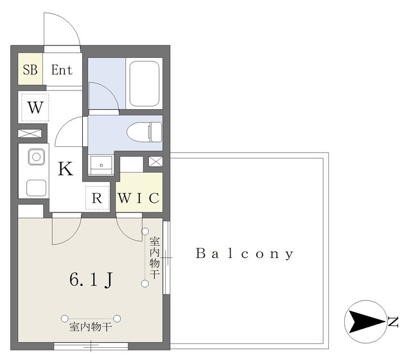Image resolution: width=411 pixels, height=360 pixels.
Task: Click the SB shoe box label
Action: click(x=30, y=70)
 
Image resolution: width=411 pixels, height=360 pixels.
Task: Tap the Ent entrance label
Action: click(x=62, y=70)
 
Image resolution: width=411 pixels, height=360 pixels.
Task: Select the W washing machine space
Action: click(x=35, y=107)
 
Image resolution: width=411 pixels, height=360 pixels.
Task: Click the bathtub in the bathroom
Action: click(x=144, y=83)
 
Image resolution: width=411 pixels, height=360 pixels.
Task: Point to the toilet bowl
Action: click(x=144, y=132)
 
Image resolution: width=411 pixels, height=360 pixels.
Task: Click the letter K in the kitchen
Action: click(x=66, y=169)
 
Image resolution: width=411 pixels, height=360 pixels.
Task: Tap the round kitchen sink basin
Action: click(x=37, y=157)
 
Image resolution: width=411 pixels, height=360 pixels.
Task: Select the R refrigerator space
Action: click(x=97, y=198)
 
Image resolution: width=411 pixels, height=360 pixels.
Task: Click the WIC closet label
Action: click(x=139, y=198)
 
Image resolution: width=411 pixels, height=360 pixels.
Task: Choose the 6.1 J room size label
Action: click(x=91, y=279)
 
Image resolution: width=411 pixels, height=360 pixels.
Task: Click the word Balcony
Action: click(x=245, y=253)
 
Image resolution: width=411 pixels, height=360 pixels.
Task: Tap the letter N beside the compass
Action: click(x=394, y=321)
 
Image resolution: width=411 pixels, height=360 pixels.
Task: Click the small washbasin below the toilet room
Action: click(x=101, y=164)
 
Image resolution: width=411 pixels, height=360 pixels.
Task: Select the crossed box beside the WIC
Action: click(x=155, y=162)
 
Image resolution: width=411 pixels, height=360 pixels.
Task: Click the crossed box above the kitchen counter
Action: click(x=30, y=133)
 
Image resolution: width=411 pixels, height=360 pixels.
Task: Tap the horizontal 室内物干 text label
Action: click(x=91, y=327)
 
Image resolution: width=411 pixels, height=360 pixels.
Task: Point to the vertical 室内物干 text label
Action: click(x=155, y=258)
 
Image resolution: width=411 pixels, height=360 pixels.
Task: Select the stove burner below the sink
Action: click(x=37, y=187)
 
